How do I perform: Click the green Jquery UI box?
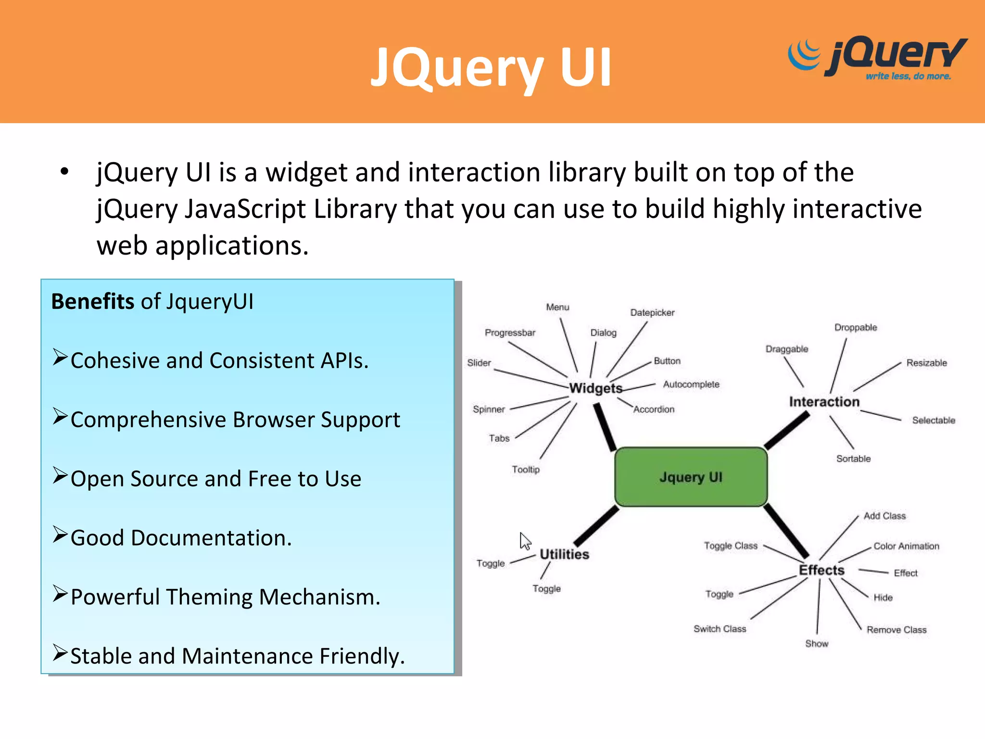click(691, 477)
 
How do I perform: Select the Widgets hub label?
click(595, 388)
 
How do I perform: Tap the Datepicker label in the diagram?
click(652, 313)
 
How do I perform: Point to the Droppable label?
click(856, 328)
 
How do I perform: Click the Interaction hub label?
click(824, 402)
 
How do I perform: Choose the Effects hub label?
click(821, 570)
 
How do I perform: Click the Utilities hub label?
click(564, 554)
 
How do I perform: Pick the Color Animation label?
click(906, 546)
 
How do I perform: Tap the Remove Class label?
click(896, 630)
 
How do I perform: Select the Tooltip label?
click(526, 469)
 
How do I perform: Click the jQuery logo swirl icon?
click(804, 55)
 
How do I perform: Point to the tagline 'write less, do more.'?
click(908, 76)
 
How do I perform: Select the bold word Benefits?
click(93, 302)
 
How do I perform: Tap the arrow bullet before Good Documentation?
click(60, 535)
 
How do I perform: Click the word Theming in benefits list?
click(209, 597)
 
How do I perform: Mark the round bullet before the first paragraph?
click(64, 172)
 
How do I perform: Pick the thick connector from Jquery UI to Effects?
click(786, 531)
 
